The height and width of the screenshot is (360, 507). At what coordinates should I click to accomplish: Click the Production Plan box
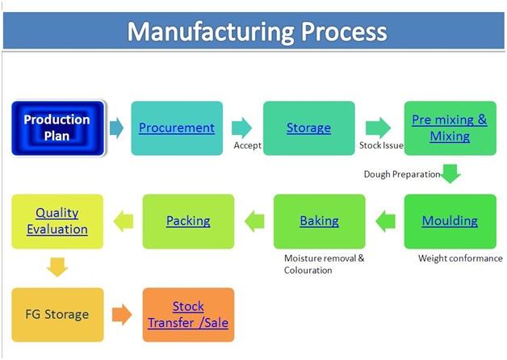(x=58, y=128)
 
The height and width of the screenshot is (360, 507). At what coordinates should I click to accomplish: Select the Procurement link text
(x=177, y=128)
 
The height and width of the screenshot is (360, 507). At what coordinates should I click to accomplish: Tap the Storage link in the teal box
(x=308, y=128)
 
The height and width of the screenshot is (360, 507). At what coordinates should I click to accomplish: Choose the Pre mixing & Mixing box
(x=450, y=128)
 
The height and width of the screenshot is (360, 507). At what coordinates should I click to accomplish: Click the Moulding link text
(x=450, y=220)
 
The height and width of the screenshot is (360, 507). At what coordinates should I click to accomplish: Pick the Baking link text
(x=319, y=220)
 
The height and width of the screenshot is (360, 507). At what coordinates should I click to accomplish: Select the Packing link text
(x=188, y=220)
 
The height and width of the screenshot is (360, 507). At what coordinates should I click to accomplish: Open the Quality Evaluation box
(x=57, y=221)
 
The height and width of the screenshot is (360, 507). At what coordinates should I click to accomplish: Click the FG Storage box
(x=57, y=315)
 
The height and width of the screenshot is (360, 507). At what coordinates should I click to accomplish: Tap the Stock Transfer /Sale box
(x=188, y=315)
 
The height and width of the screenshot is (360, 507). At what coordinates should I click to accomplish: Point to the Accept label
(x=247, y=145)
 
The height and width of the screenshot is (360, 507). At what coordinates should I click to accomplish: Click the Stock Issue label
(x=381, y=145)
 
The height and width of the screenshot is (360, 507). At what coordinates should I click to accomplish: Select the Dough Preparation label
(x=402, y=174)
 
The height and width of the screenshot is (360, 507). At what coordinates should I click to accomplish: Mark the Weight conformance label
(x=460, y=258)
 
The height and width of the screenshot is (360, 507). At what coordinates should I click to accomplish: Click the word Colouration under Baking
(x=308, y=270)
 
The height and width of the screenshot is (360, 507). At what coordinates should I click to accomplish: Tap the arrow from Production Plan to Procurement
(x=116, y=128)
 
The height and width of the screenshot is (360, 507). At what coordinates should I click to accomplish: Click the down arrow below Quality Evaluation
(x=57, y=267)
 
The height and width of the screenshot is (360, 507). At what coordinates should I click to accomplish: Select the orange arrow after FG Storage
(x=122, y=314)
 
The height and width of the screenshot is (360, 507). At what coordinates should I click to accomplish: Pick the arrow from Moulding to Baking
(x=385, y=221)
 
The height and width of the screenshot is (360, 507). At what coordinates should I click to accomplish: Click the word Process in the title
(x=344, y=31)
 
